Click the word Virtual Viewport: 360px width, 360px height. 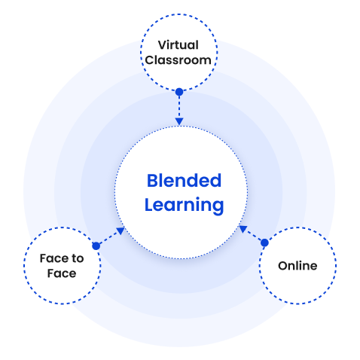click(x=178, y=45)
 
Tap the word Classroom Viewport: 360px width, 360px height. click(x=178, y=60)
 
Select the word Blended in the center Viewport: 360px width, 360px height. click(x=184, y=180)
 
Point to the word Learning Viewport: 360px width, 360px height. click(x=184, y=205)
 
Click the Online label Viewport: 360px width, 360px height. click(x=297, y=266)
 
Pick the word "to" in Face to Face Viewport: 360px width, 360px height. click(x=78, y=258)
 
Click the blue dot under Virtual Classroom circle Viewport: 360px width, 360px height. click(x=179, y=92)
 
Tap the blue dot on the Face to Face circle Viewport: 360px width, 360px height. click(x=96, y=246)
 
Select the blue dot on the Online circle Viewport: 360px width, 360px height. click(x=264, y=243)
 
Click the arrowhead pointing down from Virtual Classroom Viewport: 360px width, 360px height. click(x=179, y=121)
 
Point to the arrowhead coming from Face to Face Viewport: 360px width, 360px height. click(x=121, y=230)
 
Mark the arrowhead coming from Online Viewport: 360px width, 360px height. click(x=243, y=229)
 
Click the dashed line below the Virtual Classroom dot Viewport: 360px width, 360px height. click(x=179, y=107)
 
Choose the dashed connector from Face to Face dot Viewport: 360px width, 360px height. click(x=108, y=238)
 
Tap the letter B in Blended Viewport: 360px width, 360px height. click(x=153, y=181)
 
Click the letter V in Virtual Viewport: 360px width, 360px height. click(x=163, y=45)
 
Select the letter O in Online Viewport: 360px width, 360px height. click(x=283, y=266)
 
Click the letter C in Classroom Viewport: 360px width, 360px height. click(x=150, y=60)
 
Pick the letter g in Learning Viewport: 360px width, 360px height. click(x=218, y=208)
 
